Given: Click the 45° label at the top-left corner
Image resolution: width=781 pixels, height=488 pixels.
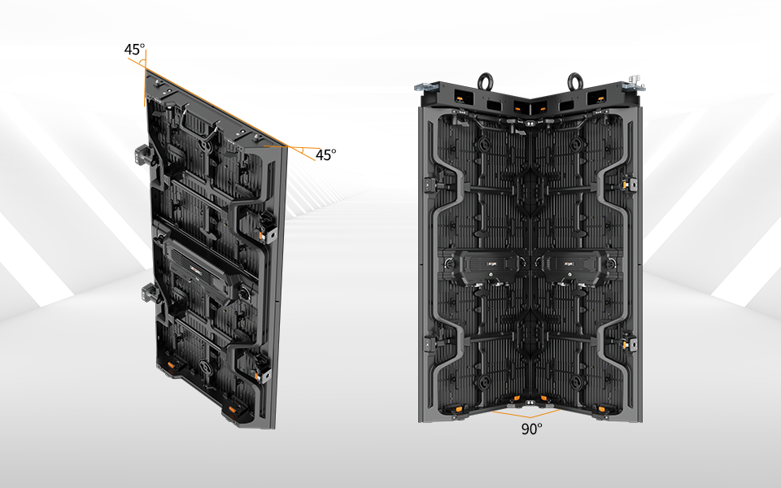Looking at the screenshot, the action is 134,50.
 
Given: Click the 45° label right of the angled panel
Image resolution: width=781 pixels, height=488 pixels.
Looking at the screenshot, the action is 325,155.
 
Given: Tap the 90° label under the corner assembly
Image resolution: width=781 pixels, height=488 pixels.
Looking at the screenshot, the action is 532,429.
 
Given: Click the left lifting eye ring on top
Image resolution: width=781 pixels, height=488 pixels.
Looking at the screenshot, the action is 485,81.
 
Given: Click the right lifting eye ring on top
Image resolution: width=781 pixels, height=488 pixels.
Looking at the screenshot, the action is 575,81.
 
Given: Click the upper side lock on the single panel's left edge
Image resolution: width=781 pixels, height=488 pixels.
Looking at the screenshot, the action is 144,155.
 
